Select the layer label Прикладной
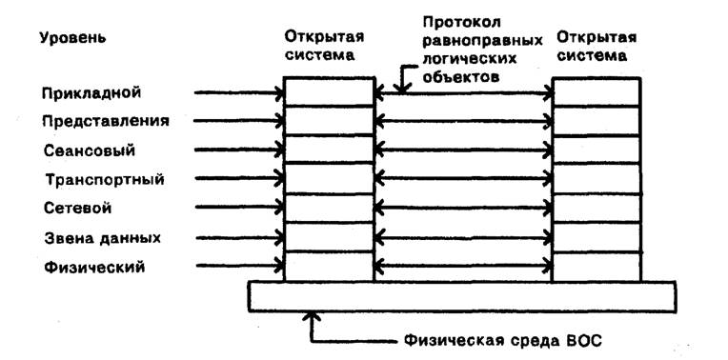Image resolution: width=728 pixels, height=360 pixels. [91, 92]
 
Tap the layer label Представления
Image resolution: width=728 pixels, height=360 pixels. [106, 121]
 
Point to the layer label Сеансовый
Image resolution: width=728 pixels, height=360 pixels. [90, 150]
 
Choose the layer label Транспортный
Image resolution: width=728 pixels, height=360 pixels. [105, 179]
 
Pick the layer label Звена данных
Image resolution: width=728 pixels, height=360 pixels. [102, 238]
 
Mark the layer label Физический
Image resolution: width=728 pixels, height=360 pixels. [93, 268]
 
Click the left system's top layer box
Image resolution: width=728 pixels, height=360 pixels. [329, 92]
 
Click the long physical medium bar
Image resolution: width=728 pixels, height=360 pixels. [462, 296]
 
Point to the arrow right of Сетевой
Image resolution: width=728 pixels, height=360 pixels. [238, 208]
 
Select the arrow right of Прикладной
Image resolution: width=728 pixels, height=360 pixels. [238, 93]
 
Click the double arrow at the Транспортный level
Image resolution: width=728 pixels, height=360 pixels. [463, 178]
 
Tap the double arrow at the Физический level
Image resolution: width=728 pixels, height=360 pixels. [463, 266]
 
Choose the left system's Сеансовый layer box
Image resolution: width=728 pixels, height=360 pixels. [329, 150]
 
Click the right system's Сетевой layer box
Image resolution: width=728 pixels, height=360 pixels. [596, 208]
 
